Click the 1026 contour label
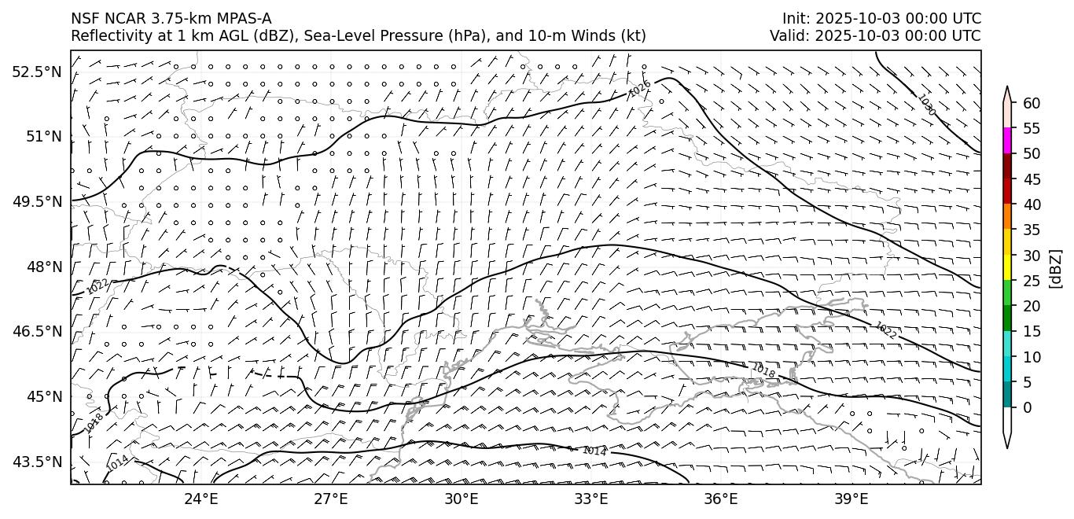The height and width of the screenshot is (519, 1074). pyautogui.click(x=639, y=90)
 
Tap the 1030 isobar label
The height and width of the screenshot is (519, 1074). pyautogui.click(x=926, y=105)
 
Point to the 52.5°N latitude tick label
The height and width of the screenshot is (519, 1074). pyautogui.click(x=37, y=72)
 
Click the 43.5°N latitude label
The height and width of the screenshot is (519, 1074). pyautogui.click(x=37, y=461)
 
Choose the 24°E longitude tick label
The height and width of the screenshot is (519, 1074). pyautogui.click(x=201, y=499)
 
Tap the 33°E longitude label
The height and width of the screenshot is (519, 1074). pyautogui.click(x=591, y=499)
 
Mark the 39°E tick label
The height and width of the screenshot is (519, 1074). pyautogui.click(x=851, y=499)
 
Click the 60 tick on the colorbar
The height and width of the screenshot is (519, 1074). pyautogui.click(x=1032, y=103)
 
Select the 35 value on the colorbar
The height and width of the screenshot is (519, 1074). pyautogui.click(x=1032, y=230)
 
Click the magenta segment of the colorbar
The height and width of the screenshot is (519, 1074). pyautogui.click(x=1007, y=141)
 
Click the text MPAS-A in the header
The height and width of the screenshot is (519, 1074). pyautogui.click(x=241, y=18)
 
